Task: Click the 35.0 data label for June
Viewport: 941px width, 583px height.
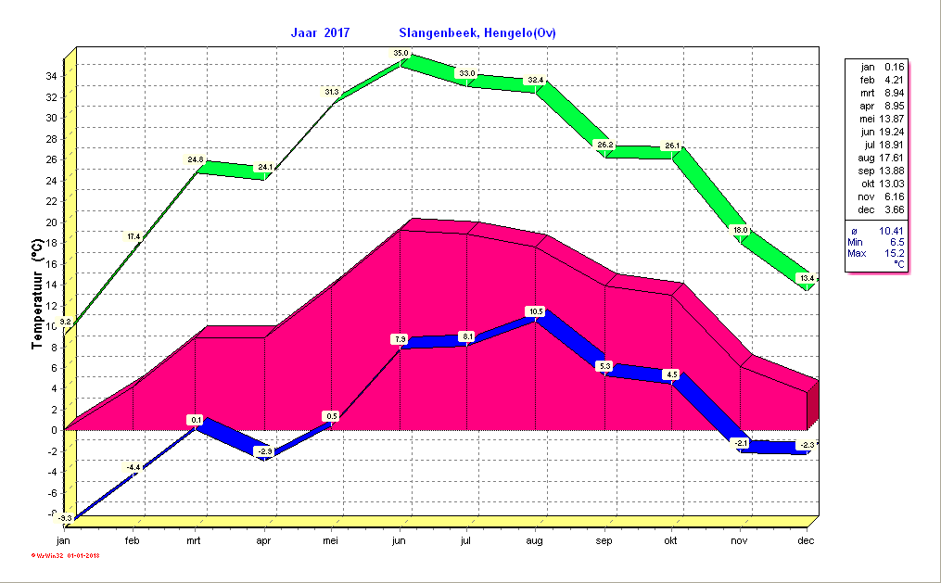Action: (401, 54)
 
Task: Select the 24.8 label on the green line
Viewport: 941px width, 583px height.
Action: (195, 159)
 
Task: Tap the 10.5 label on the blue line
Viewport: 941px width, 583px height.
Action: (535, 311)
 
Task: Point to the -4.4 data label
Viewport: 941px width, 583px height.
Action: (134, 466)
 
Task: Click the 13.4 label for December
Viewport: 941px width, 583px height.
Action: (807, 278)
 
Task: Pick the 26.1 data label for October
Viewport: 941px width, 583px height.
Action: (672, 146)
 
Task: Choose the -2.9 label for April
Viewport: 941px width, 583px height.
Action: (265, 451)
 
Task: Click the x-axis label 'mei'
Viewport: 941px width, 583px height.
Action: (331, 540)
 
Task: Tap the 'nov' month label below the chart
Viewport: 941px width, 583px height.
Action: (739, 540)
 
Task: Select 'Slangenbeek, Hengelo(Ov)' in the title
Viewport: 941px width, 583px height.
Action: (477, 33)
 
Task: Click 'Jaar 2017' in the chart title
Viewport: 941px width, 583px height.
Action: (321, 33)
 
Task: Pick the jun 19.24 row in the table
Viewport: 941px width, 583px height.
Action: (877, 132)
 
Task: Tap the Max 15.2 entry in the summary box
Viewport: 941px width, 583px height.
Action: (877, 253)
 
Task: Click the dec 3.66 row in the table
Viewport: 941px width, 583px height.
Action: (877, 209)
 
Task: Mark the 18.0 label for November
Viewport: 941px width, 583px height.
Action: (740, 230)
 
